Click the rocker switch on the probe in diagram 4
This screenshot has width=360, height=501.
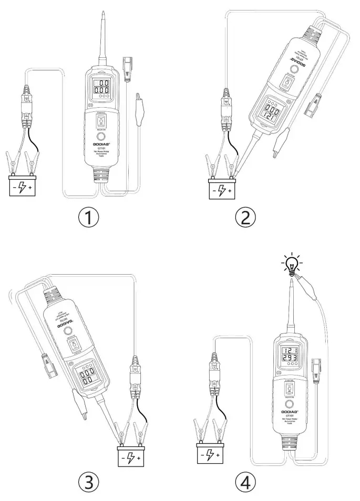coord(288,389)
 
